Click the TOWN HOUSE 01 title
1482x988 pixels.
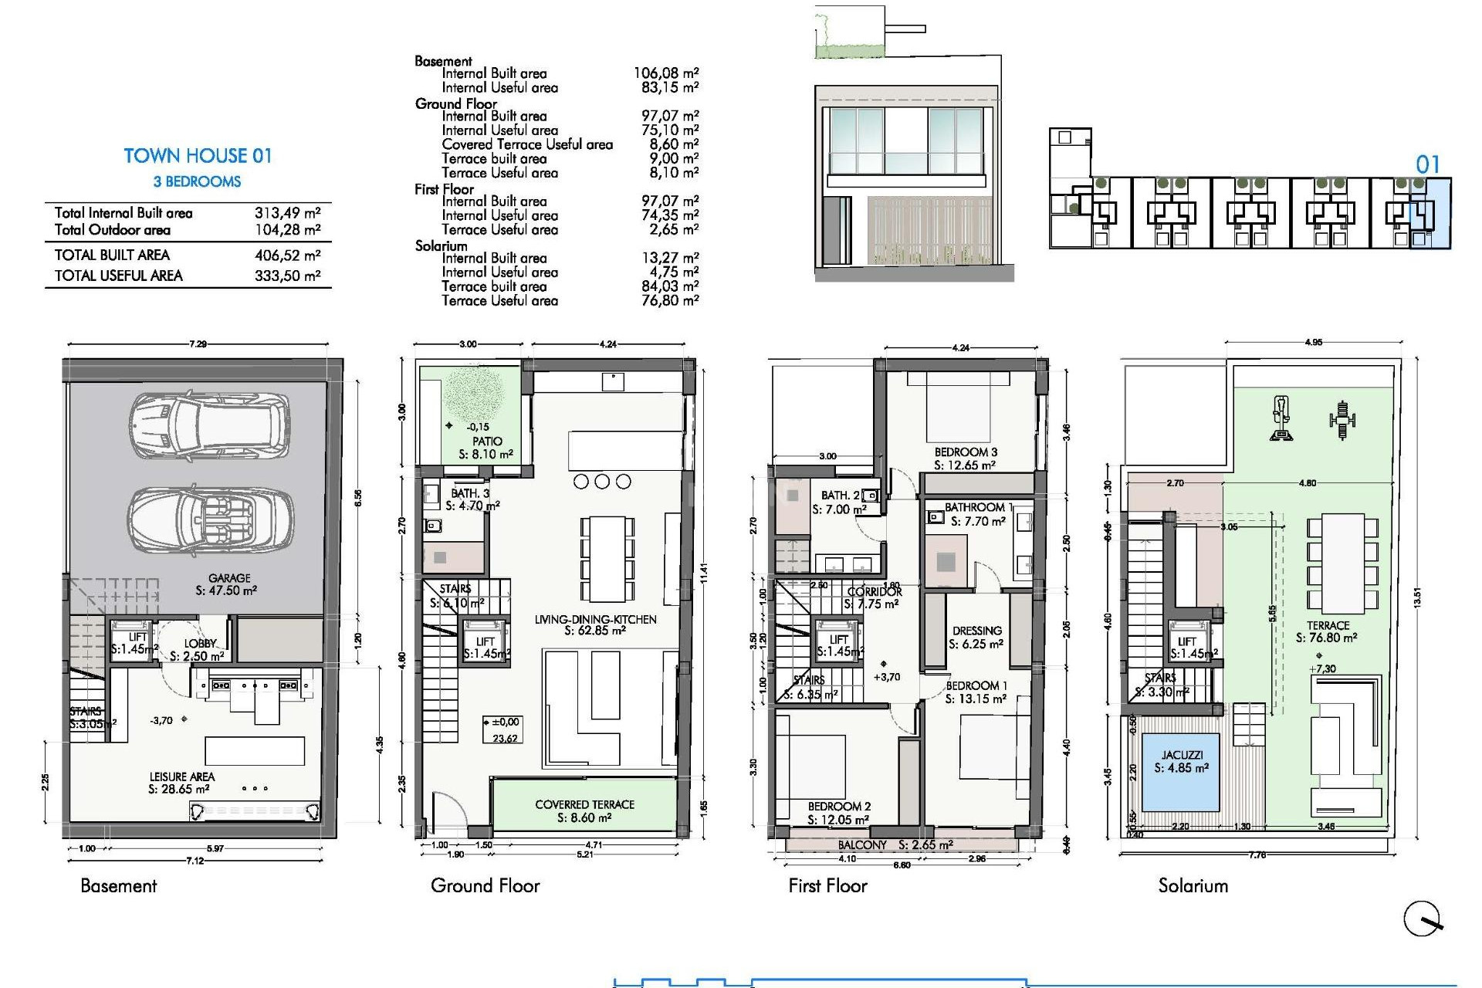coord(198,156)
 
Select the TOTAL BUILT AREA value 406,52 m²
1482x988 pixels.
coord(287,255)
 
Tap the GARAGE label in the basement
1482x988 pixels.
coord(229,578)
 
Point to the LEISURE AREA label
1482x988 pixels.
coord(182,777)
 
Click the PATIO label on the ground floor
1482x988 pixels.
coord(487,442)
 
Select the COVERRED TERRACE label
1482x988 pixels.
coord(584,804)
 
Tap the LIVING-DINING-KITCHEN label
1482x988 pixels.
coord(595,619)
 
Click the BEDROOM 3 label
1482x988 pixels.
coord(966,452)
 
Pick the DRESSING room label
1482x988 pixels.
coord(976,631)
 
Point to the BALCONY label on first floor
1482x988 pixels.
coord(862,845)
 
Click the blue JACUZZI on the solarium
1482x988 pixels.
coord(1181,771)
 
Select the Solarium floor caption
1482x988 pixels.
coord(1193,886)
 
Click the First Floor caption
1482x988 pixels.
coord(827,886)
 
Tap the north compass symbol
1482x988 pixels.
coord(1422,919)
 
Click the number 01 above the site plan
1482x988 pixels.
coord(1427,164)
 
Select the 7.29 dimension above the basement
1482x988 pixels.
coord(198,344)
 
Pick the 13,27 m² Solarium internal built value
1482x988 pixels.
coord(670,259)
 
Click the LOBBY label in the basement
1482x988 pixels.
coord(200,644)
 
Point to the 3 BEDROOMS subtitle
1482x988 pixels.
coord(197,182)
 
